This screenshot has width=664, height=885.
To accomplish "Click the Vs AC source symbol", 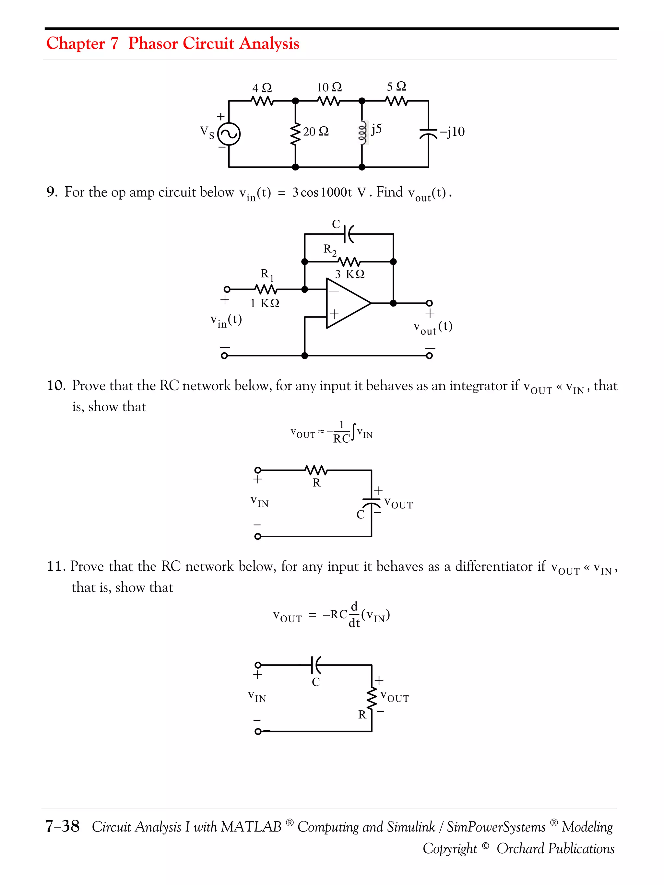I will click(229, 134).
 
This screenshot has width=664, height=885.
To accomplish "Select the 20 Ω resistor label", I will click(316, 131).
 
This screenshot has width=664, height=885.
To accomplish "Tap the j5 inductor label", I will click(376, 129).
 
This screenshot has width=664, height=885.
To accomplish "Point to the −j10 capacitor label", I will click(452, 132).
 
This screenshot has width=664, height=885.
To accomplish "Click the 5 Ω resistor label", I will click(396, 87).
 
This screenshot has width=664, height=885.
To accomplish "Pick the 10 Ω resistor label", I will click(329, 87).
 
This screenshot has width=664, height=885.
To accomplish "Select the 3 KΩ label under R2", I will click(350, 274).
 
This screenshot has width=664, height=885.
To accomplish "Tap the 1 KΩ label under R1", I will click(265, 303).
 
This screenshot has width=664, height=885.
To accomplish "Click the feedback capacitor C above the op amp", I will click(349, 234).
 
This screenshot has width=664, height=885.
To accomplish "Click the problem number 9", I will click(52, 192).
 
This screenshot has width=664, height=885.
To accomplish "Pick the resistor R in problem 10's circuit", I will click(316, 471).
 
